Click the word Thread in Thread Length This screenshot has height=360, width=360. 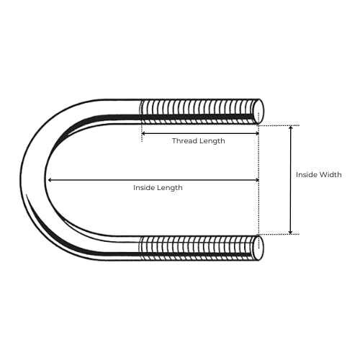coord(184,140)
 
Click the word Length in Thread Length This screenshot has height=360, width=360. coord(212,141)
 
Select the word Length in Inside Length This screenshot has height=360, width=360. coord(170,188)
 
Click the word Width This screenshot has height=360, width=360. coord(331,174)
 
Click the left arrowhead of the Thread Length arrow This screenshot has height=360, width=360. coord(143,133)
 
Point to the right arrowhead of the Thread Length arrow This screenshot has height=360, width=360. coord(257,133)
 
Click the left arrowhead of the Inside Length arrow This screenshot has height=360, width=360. coord(50,180)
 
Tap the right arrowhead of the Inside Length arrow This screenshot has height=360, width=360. coord(257,180)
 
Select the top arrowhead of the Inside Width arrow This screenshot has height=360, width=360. coord(291,128)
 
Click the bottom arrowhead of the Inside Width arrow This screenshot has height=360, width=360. coord(291,232)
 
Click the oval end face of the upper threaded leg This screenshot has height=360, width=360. coord(258,112)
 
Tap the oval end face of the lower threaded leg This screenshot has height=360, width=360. coord(258,248)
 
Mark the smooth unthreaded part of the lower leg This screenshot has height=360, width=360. coord(115,248)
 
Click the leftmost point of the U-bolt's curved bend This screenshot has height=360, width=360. coord(20,179)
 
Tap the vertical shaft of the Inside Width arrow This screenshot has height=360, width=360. coord(291,180)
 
